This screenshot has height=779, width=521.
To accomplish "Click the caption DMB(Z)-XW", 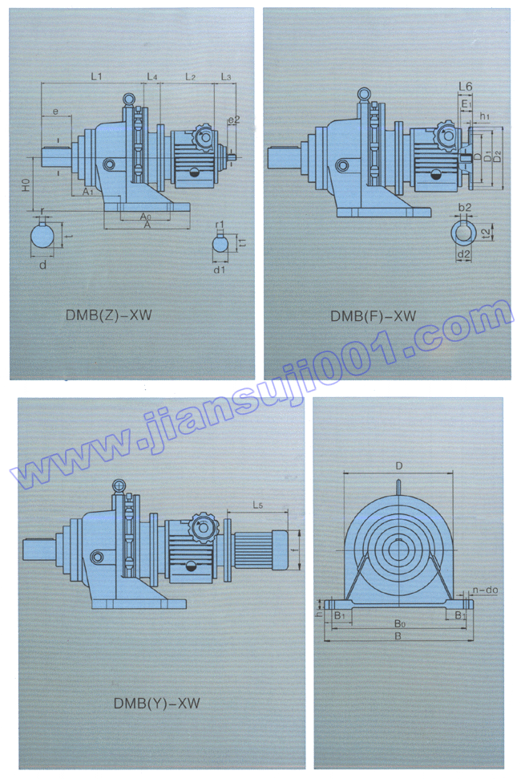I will pyautogui.click(x=108, y=315).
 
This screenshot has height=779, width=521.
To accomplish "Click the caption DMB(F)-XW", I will pyautogui.click(x=373, y=316).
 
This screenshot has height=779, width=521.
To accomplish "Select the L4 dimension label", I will pyautogui.click(x=152, y=76).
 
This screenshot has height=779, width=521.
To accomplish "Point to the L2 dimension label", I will pyautogui.click(x=191, y=76).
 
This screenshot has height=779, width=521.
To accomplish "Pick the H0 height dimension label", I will pyautogui.click(x=26, y=185).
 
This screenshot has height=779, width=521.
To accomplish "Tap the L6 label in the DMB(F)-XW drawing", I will pyautogui.click(x=465, y=86).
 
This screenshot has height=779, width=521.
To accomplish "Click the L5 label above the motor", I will pyautogui.click(x=257, y=505).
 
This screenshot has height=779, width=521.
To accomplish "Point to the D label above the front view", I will pyautogui.click(x=398, y=465).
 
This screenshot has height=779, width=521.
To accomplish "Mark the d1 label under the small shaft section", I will pyautogui.click(x=220, y=270).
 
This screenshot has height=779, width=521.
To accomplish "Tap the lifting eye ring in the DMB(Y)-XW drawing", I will pyautogui.click(x=119, y=486).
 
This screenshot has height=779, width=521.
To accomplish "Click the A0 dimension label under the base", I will pyautogui.click(x=144, y=217).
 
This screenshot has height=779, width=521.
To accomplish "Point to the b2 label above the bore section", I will pyautogui.click(x=464, y=208).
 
